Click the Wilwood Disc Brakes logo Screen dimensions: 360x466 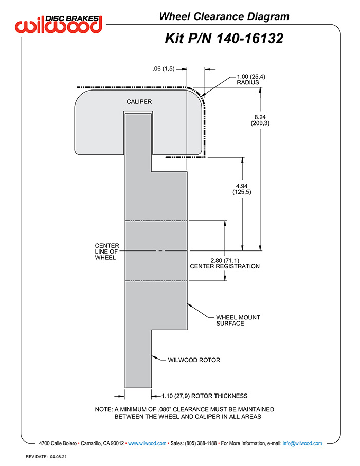59,24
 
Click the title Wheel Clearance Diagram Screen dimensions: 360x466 224,16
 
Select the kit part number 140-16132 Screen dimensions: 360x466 250,39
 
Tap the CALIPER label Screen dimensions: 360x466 139,102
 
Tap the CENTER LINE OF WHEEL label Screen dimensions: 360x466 107,252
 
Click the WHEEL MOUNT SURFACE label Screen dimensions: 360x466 238,320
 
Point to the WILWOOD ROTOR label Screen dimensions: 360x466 194,360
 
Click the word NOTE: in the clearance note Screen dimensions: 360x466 103,409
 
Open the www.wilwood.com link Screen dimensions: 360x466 147,443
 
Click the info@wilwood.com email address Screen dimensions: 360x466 302,443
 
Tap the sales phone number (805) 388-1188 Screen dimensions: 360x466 201,443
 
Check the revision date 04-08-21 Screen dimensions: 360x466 58,457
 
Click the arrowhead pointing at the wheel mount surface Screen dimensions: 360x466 190,306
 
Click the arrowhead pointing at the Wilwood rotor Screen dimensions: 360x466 154,356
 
